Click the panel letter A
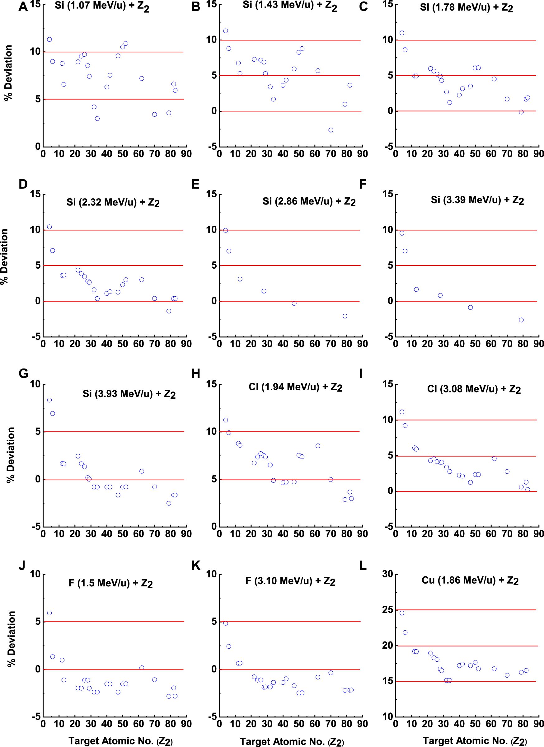click(x=23, y=7)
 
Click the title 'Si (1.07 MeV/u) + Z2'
click(x=102, y=6)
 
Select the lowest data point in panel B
click(x=331, y=130)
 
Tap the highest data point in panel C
click(x=402, y=33)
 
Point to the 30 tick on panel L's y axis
click(x=387, y=574)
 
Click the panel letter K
click(x=196, y=566)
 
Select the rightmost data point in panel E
click(x=345, y=316)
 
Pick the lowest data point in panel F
click(x=521, y=320)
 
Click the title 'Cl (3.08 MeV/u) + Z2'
click(x=474, y=389)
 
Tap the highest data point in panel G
click(x=49, y=400)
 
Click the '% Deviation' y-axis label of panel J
click(x=11, y=639)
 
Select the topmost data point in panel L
click(x=402, y=613)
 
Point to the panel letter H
click(x=196, y=374)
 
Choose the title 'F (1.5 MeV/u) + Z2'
click(x=110, y=583)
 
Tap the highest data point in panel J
click(x=49, y=613)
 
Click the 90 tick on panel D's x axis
click(x=186, y=344)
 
